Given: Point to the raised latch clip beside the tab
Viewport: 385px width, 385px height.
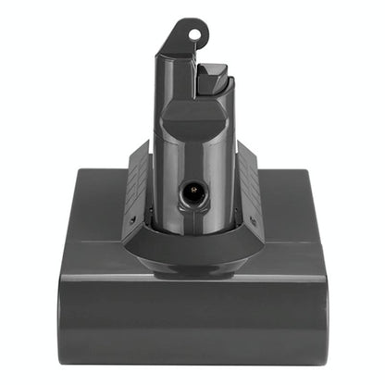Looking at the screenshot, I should [212, 78].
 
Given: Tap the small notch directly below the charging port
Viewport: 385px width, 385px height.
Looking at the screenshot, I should [194, 215].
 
